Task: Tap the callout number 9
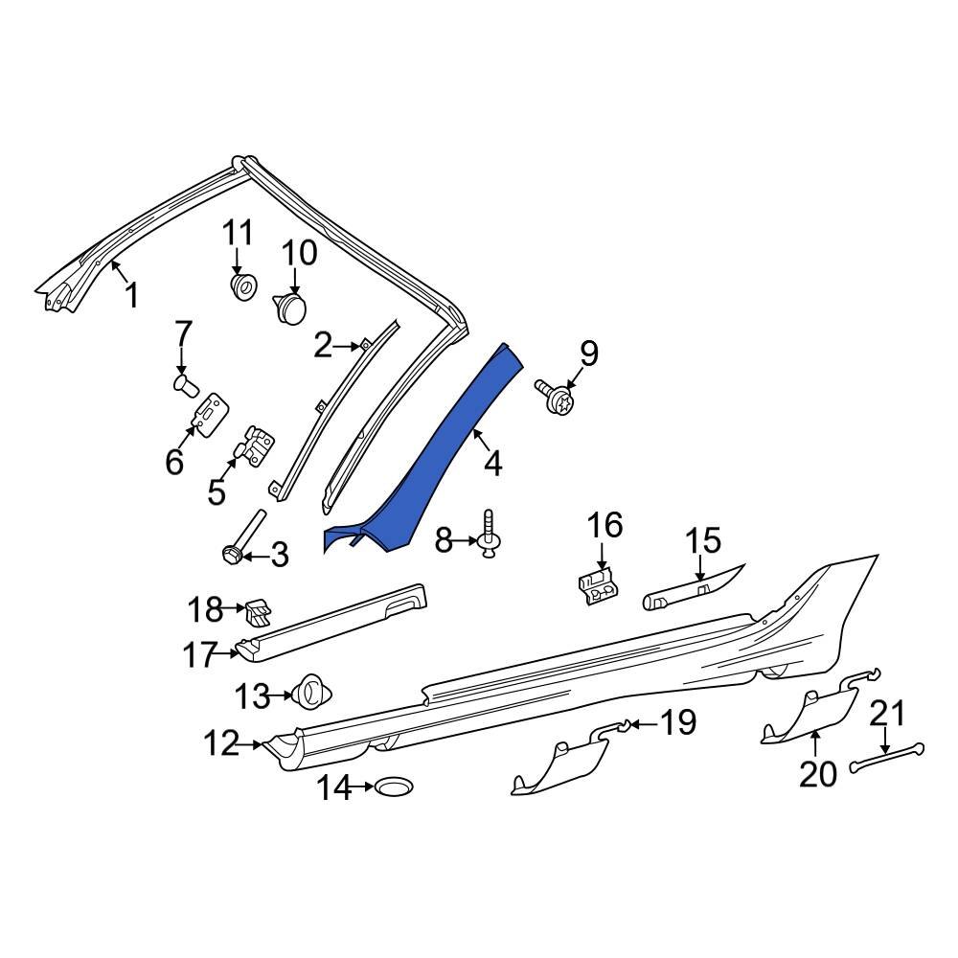click(x=587, y=354)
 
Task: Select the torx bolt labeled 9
click(x=555, y=397)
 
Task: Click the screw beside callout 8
click(x=492, y=534)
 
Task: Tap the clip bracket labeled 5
click(x=256, y=446)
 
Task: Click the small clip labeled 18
click(x=258, y=609)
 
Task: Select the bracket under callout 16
click(x=598, y=584)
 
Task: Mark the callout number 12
click(x=221, y=742)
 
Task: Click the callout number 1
click(x=131, y=296)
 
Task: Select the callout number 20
click(x=818, y=773)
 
